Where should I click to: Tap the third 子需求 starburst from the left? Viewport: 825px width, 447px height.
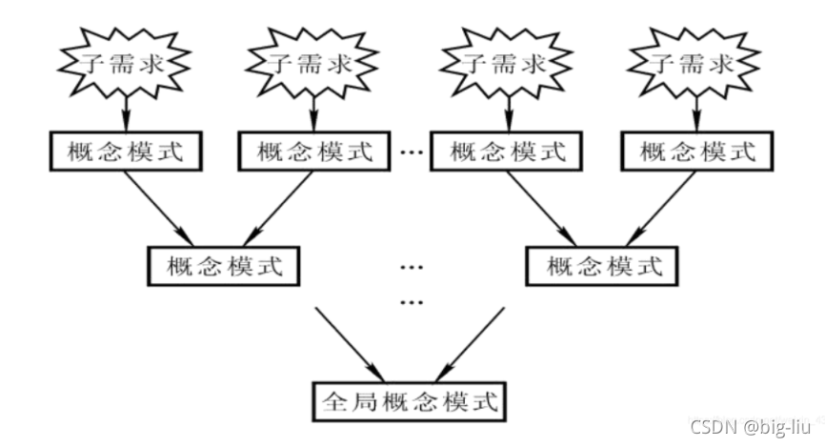[x=506, y=65]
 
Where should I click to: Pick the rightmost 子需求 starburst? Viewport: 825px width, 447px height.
[x=695, y=65]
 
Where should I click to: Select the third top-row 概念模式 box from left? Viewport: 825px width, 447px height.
[x=506, y=151]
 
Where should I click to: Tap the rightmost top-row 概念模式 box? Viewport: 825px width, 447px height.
[x=695, y=151]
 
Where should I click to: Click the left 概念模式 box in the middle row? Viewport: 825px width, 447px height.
[x=224, y=265]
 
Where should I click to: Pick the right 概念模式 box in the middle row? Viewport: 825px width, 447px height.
[x=603, y=265]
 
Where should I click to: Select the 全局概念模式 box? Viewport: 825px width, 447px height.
[x=412, y=399]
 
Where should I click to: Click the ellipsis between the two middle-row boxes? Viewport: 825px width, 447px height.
[x=411, y=266]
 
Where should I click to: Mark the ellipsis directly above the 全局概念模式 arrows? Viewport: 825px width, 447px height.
[x=411, y=303]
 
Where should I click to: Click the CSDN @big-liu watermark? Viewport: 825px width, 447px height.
[x=752, y=426]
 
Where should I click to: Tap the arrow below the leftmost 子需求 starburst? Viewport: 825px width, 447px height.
[x=123, y=114]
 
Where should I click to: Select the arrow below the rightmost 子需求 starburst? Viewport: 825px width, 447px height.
[x=696, y=114]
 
